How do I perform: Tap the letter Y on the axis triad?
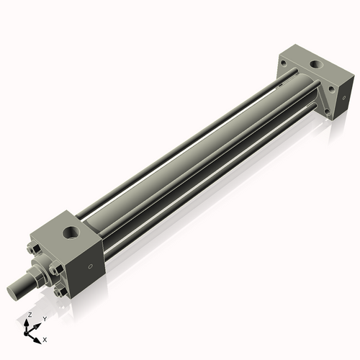(x=45, y=318)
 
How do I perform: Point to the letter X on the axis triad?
(x=45, y=338)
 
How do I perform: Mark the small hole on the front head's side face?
(x=90, y=266)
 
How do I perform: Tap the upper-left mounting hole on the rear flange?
(x=285, y=63)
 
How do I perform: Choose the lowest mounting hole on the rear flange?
(x=328, y=112)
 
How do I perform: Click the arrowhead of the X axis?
(x=40, y=336)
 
